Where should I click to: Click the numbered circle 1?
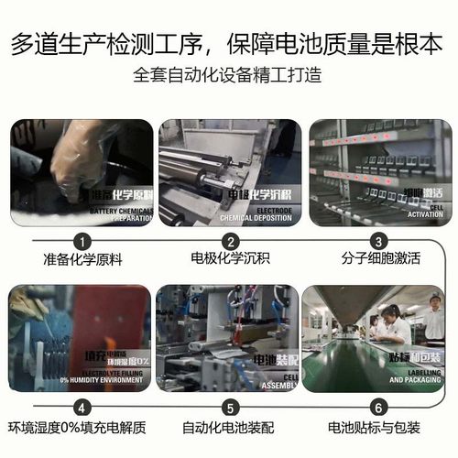point(82,242)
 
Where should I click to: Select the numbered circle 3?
point(376,242)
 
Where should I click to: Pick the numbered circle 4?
point(82,408)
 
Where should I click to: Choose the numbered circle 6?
point(376,408)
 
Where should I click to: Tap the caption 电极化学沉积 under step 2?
point(230,260)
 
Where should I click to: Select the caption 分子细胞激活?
point(376,260)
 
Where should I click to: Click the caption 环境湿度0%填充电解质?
point(78,428)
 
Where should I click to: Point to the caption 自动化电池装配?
point(230,428)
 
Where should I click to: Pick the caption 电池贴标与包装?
point(376,428)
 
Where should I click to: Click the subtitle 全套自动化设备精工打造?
point(229,73)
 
